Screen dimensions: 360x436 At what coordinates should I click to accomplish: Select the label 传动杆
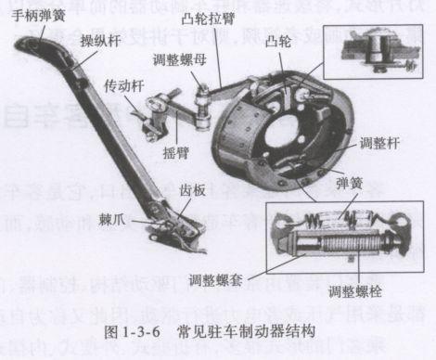pos(125,83)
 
